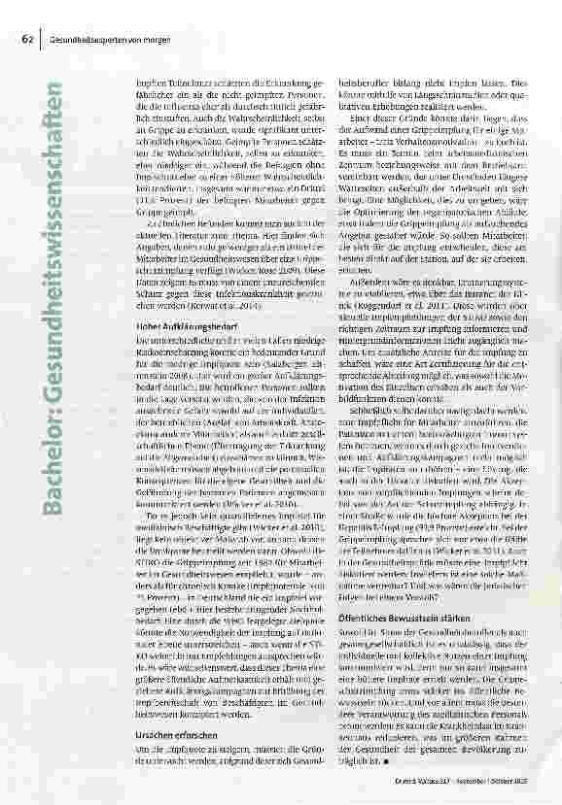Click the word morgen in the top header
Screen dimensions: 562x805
[x=148, y=39]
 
